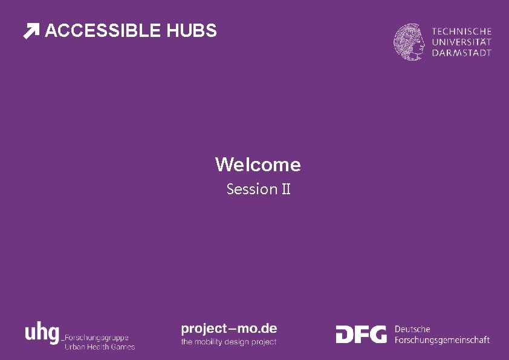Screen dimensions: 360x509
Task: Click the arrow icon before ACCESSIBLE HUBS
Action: click(31, 31)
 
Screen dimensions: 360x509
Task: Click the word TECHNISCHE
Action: click(461, 31)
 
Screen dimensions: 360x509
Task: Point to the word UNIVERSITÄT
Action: click(461, 42)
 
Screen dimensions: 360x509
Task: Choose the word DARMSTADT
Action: click(461, 53)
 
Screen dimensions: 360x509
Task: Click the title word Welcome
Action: click(258, 165)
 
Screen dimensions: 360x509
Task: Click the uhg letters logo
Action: click(42, 333)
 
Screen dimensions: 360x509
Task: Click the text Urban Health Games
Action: click(100, 347)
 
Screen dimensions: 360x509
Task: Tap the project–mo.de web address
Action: click(229, 329)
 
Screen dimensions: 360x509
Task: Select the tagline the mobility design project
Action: click(229, 342)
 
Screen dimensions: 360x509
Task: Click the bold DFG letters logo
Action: click(361, 334)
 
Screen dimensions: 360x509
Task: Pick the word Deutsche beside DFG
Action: click(412, 329)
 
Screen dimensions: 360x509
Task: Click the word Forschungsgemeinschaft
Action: click(442, 340)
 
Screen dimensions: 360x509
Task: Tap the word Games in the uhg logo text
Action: click(123, 347)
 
